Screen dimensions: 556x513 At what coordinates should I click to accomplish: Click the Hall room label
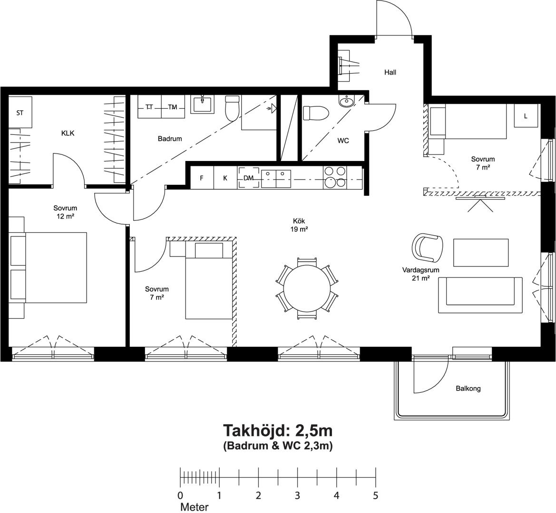pos(390,72)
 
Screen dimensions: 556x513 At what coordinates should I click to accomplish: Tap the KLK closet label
pos(68,133)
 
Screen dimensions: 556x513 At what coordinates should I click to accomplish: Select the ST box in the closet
pos(20,113)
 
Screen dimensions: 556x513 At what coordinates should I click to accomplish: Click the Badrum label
pos(170,139)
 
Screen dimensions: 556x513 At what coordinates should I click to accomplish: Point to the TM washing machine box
pos(173,106)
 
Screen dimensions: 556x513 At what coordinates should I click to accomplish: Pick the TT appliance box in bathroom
pos(149,106)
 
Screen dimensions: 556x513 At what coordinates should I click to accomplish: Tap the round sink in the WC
pos(346,101)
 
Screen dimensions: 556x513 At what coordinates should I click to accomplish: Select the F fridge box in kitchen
pos(202,178)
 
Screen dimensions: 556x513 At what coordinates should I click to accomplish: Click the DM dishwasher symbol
pos(249,178)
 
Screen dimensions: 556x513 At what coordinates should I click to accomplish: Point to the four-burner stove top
pos(334,177)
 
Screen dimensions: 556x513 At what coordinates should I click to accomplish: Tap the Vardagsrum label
pos(420,270)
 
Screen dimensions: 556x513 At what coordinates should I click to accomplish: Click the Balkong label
pos(468,389)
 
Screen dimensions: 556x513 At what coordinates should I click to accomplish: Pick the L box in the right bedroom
pos(526,115)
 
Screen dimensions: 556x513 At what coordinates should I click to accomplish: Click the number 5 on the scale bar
pos(376,495)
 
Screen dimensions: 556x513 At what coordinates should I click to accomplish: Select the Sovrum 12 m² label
pos(65,212)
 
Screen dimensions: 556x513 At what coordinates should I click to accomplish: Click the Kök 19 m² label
pos(299,225)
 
